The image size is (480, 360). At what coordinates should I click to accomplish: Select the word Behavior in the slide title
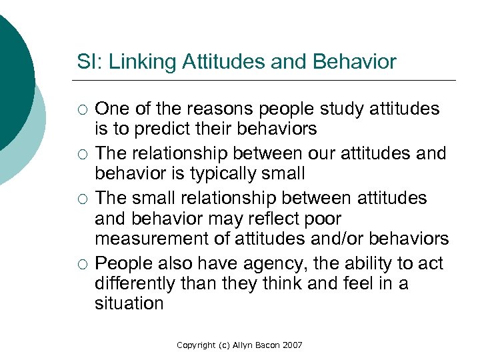pyautogui.click(x=354, y=63)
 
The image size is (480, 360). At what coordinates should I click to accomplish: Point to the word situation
pyautogui.click(x=129, y=304)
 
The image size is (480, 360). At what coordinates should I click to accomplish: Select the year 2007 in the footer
pyautogui.click(x=291, y=345)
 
